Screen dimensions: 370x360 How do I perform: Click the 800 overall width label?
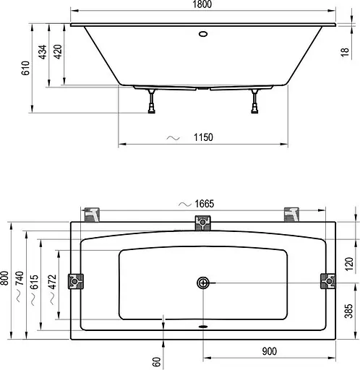pyautogui.click(x=7, y=282)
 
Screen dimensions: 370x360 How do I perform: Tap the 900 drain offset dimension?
pyautogui.click(x=269, y=352)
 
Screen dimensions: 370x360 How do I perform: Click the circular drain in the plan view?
pyautogui.click(x=203, y=283)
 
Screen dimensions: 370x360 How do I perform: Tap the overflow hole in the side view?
pyautogui.click(x=202, y=33)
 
